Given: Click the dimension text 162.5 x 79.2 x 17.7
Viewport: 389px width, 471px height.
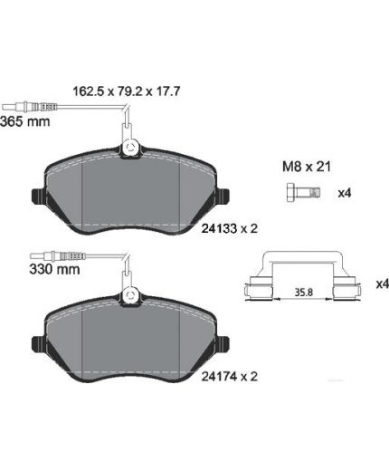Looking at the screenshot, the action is [x=127, y=91].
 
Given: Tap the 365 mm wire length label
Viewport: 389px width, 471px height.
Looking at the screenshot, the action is [x=25, y=121].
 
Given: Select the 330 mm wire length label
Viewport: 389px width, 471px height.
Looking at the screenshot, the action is [x=54, y=269].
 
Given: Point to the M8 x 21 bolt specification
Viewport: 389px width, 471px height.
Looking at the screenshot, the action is [x=307, y=167].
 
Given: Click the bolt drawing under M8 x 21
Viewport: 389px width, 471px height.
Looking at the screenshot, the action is [x=303, y=192].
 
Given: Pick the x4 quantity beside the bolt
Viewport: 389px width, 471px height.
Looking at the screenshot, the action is [x=345, y=193].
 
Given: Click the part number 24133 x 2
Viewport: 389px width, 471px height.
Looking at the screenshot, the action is [x=230, y=228].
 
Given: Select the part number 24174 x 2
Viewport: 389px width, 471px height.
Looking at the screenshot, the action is [x=230, y=377].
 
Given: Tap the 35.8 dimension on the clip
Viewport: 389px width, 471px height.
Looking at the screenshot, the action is [x=304, y=293].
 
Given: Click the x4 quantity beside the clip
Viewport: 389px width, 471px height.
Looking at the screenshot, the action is [x=383, y=284].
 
